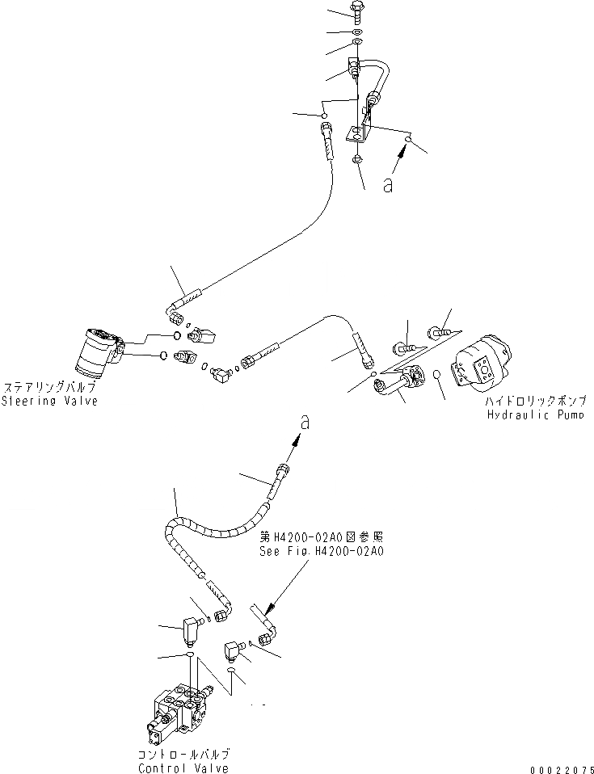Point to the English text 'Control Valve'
(183, 768)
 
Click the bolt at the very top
(357, 11)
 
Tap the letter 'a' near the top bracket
(388, 185)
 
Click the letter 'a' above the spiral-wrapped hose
(304, 421)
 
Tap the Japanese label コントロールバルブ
(183, 755)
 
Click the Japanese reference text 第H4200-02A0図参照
(321, 536)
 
